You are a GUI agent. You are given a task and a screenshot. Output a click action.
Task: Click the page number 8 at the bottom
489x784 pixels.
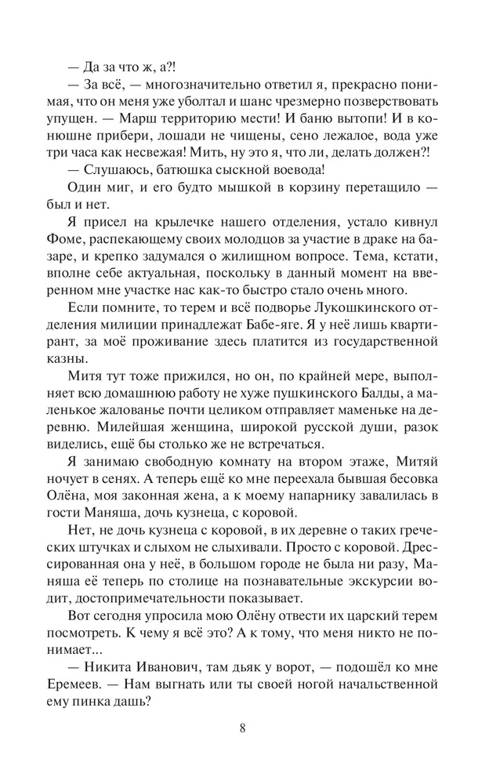click(244, 727)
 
